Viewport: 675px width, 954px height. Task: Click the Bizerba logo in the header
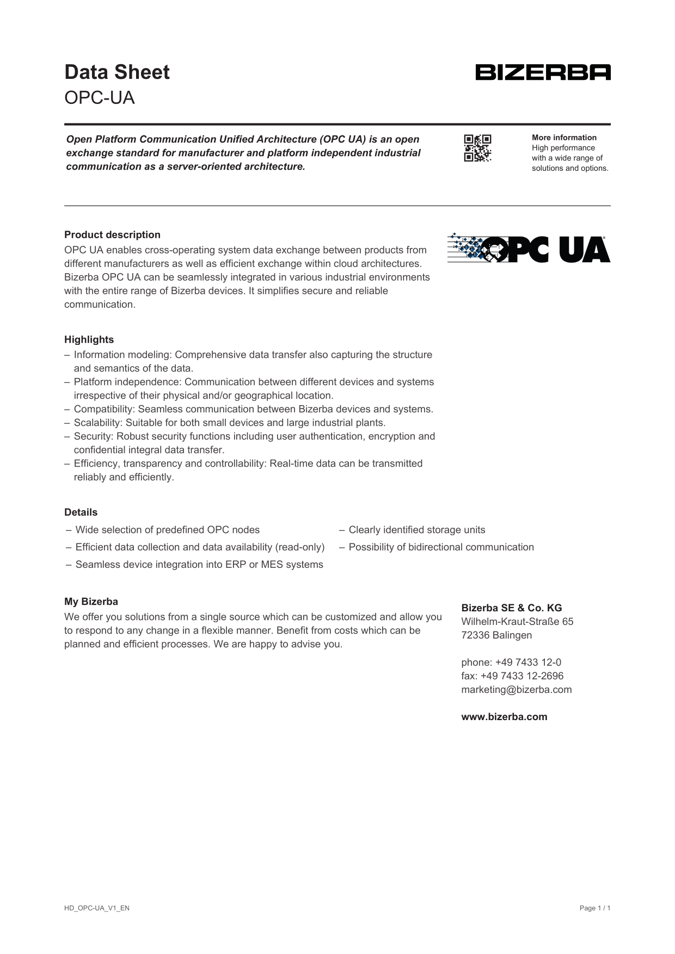(543, 72)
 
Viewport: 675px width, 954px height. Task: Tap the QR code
(477, 148)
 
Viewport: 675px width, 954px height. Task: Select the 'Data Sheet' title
(117, 72)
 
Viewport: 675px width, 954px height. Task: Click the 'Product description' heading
(112, 235)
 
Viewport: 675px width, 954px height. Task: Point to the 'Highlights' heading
(89, 340)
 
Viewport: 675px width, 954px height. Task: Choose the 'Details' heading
(81, 512)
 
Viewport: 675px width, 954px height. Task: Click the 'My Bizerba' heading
(91, 602)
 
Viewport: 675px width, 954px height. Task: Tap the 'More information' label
(564, 138)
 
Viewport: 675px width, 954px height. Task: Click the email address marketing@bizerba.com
(516, 690)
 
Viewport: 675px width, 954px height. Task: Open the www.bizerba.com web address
(504, 717)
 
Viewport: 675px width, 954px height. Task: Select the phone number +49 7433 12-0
(528, 662)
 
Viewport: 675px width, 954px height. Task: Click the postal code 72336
(475, 635)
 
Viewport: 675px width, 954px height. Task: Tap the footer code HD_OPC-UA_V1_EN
(97, 908)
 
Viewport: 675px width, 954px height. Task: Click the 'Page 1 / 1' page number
(595, 908)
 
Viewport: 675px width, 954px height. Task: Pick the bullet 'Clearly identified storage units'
(416, 530)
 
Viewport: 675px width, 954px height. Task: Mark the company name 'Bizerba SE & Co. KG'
(511, 608)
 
